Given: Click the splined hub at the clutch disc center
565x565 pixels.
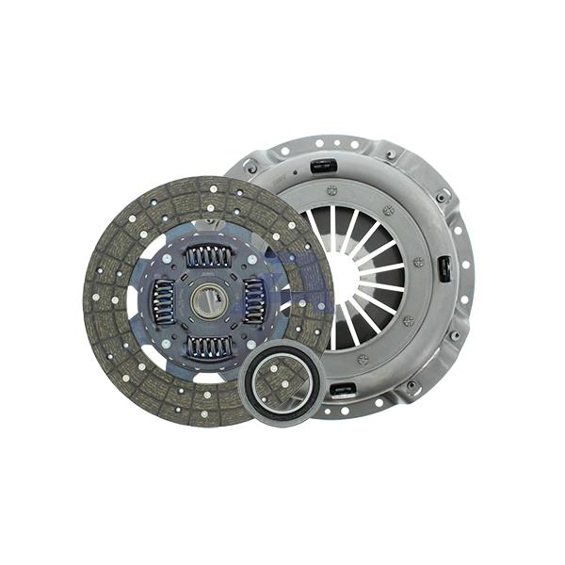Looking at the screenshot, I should click(207, 300).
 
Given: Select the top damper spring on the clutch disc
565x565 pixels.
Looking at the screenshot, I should click(209, 255).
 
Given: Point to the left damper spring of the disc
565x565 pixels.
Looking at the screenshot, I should click(162, 301).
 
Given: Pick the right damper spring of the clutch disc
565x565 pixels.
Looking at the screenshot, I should click(254, 301).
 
